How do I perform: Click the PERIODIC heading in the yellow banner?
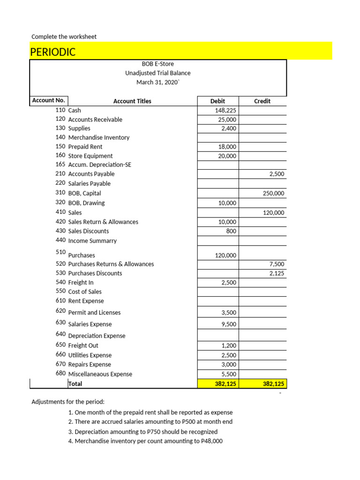coord(53,52)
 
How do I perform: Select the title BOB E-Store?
coord(157,64)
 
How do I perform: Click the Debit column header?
coord(217,101)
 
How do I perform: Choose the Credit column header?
coord(262,101)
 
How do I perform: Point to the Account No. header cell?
coord(48,100)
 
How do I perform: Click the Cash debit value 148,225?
coord(225,110)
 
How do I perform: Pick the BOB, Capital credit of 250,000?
coord(273,193)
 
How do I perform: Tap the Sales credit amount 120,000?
coord(273,213)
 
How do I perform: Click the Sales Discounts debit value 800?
coord(231,231)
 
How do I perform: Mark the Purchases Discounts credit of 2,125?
coord(277,273)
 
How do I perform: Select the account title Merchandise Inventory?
coord(99,138)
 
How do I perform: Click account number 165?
coord(60,165)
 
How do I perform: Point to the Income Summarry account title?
coord(92,241)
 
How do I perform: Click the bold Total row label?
coord(75,384)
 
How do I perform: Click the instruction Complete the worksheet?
coord(64,37)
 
